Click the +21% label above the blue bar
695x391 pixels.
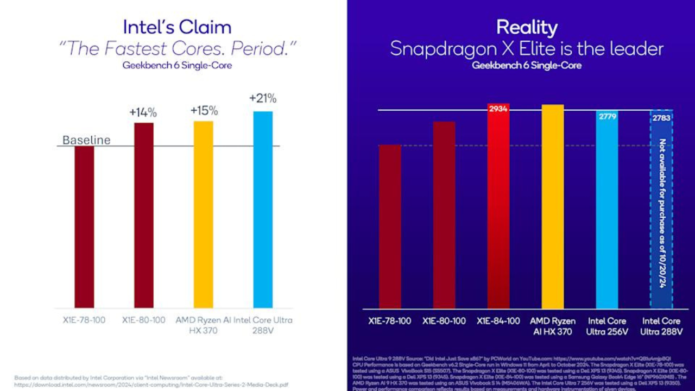pyautogui.click(x=263, y=98)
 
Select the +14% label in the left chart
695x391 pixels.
pyautogui.click(x=143, y=112)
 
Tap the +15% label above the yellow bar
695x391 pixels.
pyautogui.click(x=204, y=111)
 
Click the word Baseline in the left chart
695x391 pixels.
pyautogui.click(x=86, y=140)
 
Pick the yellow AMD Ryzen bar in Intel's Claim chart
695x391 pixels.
pyautogui.click(x=204, y=215)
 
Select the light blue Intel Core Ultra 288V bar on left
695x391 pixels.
pyautogui.click(x=263, y=209)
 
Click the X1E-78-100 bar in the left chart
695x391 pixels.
pyautogui.click(x=84, y=227)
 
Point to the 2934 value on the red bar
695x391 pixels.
pyautogui.click(x=498, y=109)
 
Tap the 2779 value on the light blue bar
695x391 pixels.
pyautogui.click(x=606, y=116)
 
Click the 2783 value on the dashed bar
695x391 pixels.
pyautogui.click(x=661, y=117)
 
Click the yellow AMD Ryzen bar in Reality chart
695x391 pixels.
pyautogui.click(x=553, y=206)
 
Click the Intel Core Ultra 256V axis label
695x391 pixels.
pyautogui.click(x=606, y=326)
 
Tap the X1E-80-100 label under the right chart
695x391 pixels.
pyautogui.click(x=444, y=321)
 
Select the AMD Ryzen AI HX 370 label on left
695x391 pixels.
pyautogui.click(x=203, y=325)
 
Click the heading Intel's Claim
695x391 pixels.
pyautogui.click(x=177, y=27)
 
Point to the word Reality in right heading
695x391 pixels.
pyautogui.click(x=526, y=27)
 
